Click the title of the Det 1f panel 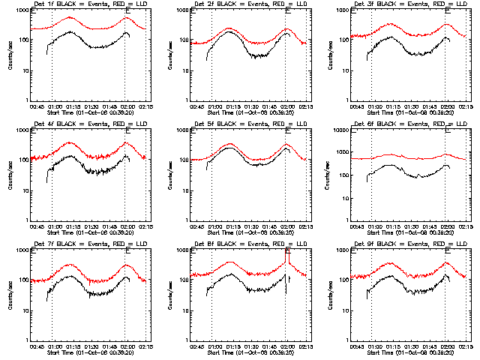click(89, 5)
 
